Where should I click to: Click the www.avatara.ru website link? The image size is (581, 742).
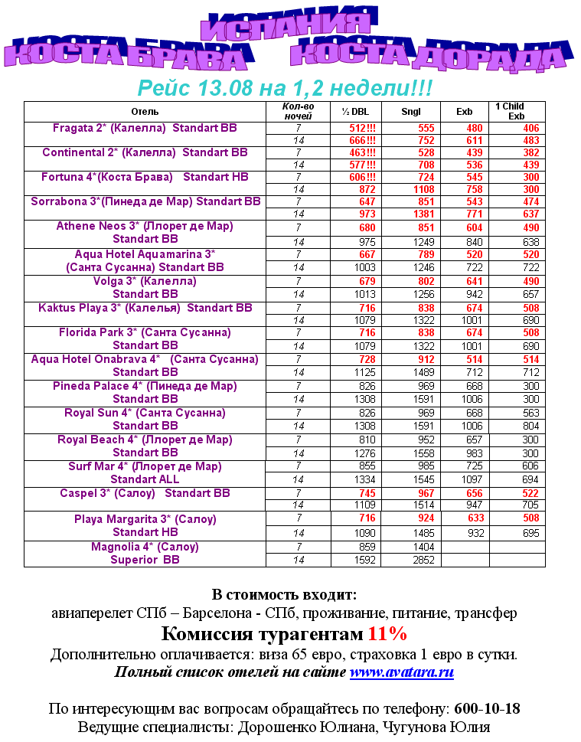coord(402,673)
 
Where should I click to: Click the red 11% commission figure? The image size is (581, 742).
coord(387,634)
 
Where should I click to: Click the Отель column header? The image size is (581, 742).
coord(145,112)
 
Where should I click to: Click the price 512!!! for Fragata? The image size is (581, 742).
coord(362,129)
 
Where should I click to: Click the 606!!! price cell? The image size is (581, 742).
coord(362,177)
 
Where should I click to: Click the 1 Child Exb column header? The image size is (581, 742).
coord(517,112)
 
